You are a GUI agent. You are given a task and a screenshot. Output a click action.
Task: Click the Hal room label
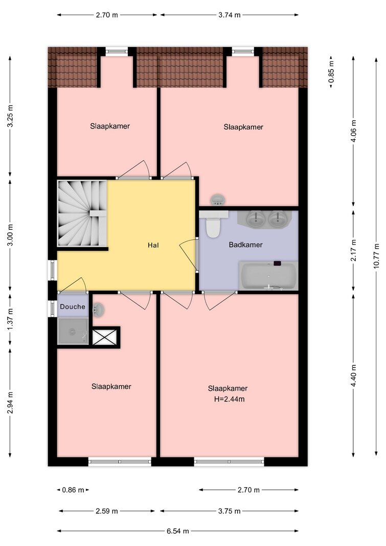pyautogui.click(x=153, y=245)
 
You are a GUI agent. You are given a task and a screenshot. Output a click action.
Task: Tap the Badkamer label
pyautogui.click(x=245, y=245)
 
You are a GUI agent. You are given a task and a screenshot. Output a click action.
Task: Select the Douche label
pyautogui.click(x=72, y=307)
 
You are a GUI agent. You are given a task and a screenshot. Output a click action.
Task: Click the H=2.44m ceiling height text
pyautogui.click(x=229, y=400)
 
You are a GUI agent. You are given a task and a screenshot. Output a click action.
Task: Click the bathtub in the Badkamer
pyautogui.click(x=268, y=275)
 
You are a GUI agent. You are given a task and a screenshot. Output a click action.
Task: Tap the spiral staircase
pyautogui.click(x=82, y=213)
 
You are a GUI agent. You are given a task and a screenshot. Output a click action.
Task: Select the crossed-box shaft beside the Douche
pyautogui.click(x=104, y=337)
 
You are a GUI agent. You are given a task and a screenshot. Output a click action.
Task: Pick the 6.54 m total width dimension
pyautogui.click(x=178, y=531)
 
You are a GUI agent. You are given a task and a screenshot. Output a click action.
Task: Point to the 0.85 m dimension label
pyautogui.click(x=331, y=72)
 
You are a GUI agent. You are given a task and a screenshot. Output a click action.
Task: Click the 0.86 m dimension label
pyautogui.click(x=73, y=490)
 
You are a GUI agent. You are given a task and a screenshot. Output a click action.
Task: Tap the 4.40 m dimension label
pyautogui.click(x=354, y=376)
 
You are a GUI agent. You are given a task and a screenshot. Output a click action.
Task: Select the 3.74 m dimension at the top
pyautogui.click(x=230, y=15)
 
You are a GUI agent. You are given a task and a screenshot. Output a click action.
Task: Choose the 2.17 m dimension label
pyautogui.click(x=354, y=250)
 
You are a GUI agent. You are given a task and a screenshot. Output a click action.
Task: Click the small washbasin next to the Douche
pyautogui.click(x=98, y=309)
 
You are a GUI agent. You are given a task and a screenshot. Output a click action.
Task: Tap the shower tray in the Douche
pyautogui.click(x=73, y=331)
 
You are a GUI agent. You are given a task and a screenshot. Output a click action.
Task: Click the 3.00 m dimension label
pyautogui.click(x=10, y=235)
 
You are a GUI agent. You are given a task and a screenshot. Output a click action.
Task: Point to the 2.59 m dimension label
pyautogui.click(x=107, y=511)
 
